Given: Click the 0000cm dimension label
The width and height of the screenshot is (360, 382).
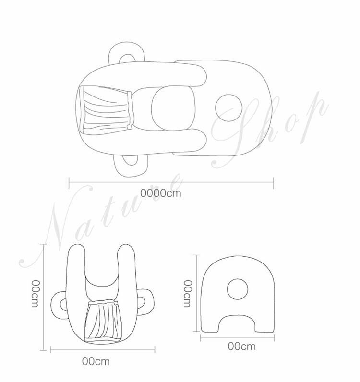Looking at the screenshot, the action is click(161, 193).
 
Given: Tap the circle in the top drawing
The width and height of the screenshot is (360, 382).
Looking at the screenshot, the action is click(228, 108).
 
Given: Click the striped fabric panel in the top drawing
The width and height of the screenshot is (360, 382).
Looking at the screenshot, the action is click(107, 108).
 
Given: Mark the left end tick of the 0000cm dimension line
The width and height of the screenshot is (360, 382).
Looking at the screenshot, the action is click(69, 183).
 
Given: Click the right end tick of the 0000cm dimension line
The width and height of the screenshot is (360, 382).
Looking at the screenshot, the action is click(274, 183).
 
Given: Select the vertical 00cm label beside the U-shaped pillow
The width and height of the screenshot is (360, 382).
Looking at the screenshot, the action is click(36, 294).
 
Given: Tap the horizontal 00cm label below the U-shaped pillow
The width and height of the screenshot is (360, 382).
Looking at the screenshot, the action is click(96, 361).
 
